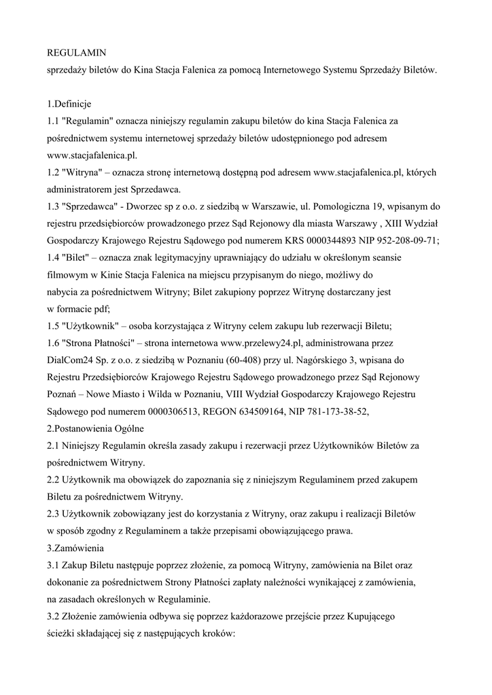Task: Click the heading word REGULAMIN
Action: pyautogui.click(x=76, y=52)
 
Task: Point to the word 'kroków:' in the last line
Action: pyautogui.click(x=215, y=633)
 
